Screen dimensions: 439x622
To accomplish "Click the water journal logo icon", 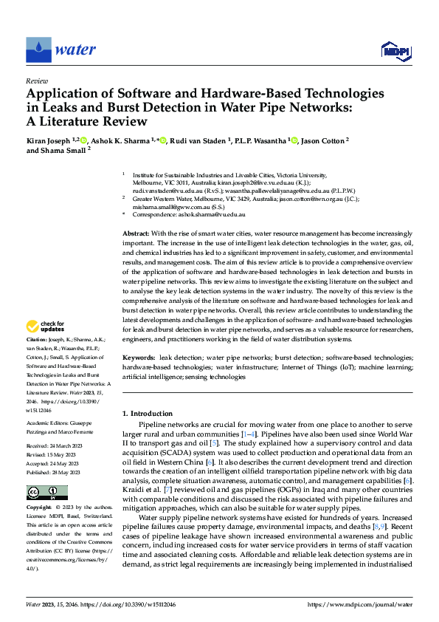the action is click(x=38, y=50).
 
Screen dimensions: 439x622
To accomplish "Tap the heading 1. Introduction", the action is click(x=148, y=414).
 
